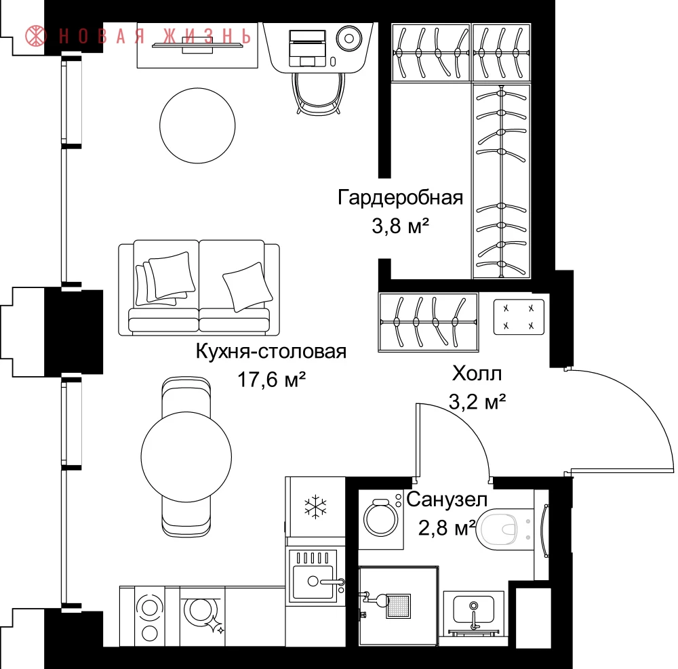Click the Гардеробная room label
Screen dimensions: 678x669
tap(400, 198)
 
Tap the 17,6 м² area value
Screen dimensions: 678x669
tap(272, 380)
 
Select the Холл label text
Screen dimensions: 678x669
tap(477, 373)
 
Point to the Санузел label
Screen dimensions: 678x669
tap(447, 500)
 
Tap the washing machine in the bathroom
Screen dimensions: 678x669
tap(380, 518)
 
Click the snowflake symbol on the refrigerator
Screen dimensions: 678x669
tap(316, 506)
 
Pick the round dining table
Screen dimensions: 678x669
tap(186, 456)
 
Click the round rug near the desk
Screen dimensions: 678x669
tap(197, 125)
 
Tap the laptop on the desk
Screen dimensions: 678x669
tap(307, 48)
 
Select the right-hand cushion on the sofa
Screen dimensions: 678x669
tap(247, 287)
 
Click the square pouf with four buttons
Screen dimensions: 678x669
tap(519, 317)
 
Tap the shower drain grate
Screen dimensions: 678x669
tap(398, 605)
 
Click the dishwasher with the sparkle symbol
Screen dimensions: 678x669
tap(202, 616)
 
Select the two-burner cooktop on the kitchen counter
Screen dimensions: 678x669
tap(150, 616)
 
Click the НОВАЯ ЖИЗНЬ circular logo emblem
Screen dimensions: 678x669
tap(35, 36)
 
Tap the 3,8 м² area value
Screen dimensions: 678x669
tap(401, 226)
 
